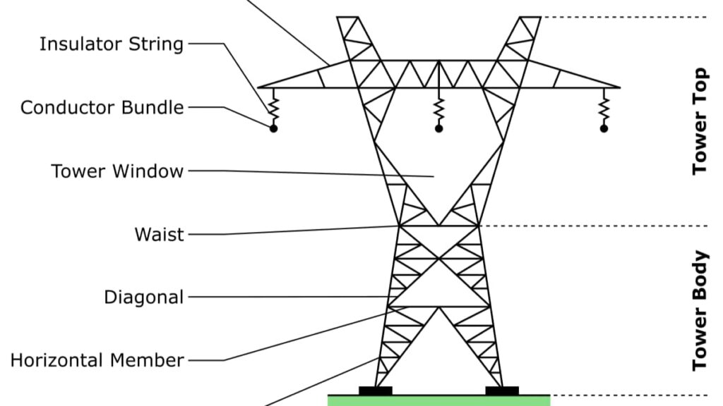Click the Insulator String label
[111, 44]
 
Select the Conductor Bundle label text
[102, 108]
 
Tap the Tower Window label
[116, 171]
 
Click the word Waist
[160, 235]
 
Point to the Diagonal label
[143, 297]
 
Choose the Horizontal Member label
[97, 361]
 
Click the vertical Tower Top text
[700, 121]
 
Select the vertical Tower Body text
[700, 310]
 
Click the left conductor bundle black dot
[273, 128]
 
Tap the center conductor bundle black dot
[438, 128]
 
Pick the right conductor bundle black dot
[604, 128]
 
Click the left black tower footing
[375, 390]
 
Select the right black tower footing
[502, 390]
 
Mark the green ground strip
[438, 400]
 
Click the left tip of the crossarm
[258, 87]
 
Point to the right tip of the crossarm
[619, 87]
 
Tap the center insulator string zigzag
[438, 109]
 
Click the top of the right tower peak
[530, 18]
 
